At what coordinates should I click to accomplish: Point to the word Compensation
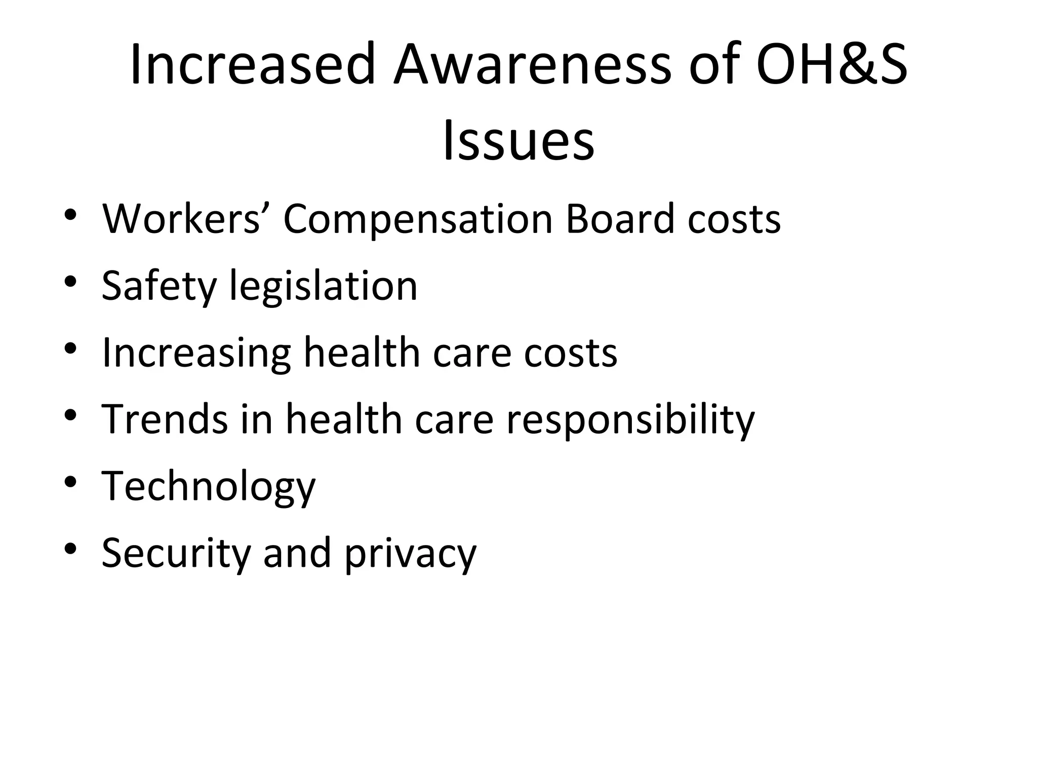point(417,220)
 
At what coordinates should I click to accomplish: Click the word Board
point(619,219)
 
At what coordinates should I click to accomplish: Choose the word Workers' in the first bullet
point(181,219)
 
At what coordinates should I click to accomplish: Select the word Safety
point(159,287)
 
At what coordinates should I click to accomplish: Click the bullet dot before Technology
point(70,482)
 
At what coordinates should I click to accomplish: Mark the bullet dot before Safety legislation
point(70,281)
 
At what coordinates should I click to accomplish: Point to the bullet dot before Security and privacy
point(70,549)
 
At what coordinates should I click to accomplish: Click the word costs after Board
point(734,220)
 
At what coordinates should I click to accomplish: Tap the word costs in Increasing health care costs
point(571,354)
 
